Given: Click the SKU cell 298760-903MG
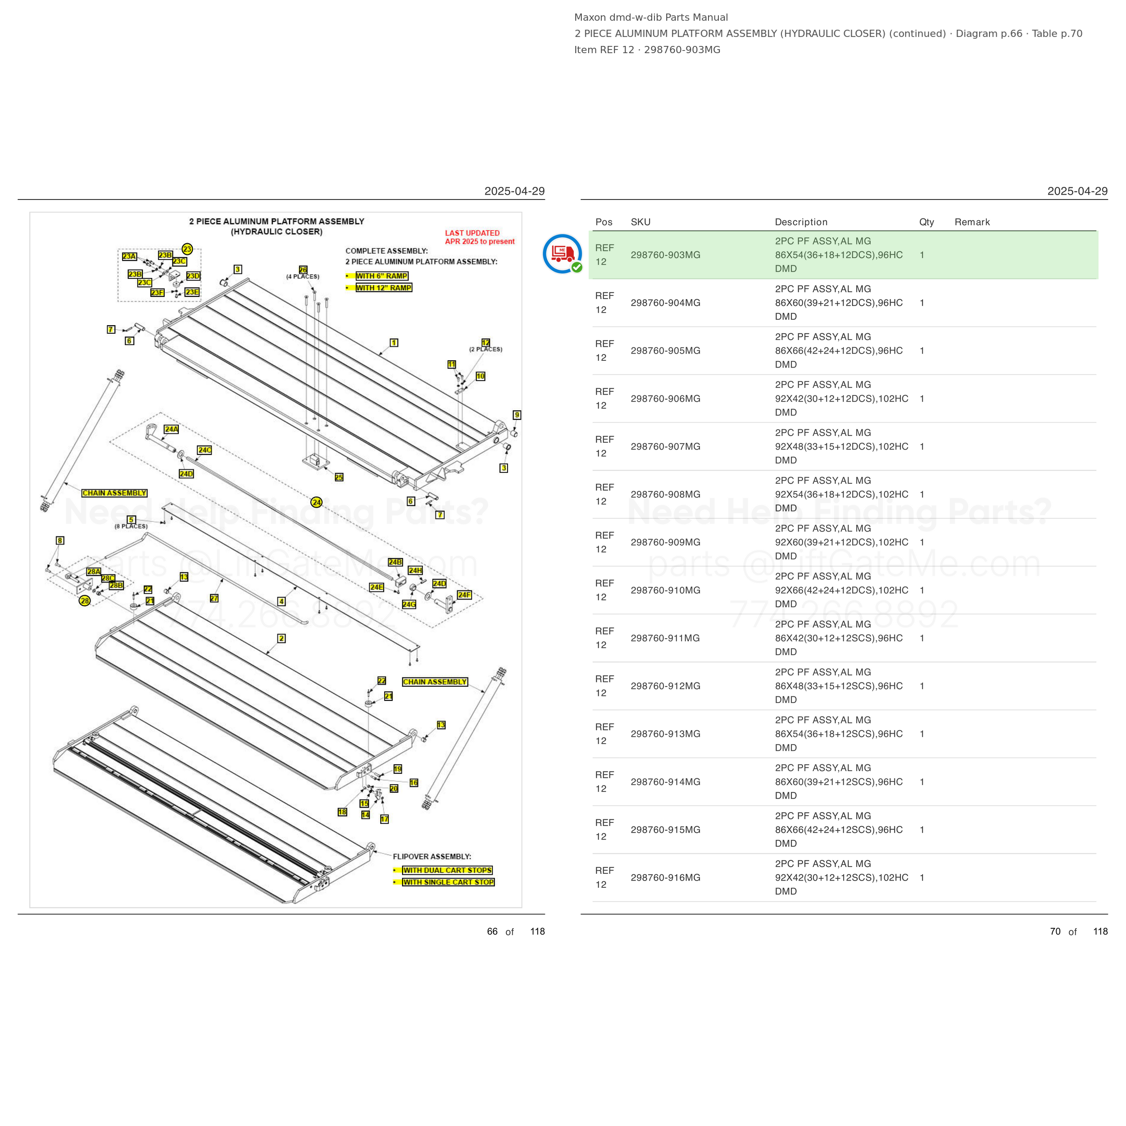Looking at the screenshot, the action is (x=665, y=254).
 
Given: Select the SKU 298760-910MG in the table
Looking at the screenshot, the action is (x=665, y=590).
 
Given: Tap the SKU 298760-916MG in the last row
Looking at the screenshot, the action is (x=665, y=877).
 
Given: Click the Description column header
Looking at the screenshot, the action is (x=801, y=222).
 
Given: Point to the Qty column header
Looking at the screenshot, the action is (x=926, y=222).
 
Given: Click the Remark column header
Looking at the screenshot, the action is (x=972, y=222).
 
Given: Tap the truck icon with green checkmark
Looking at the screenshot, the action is (x=563, y=254).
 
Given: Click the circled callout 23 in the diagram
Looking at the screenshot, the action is (x=187, y=249).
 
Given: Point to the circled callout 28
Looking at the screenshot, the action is (x=85, y=600).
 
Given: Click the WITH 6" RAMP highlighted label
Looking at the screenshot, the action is (x=382, y=276).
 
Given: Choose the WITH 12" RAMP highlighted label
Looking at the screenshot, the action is (x=383, y=287).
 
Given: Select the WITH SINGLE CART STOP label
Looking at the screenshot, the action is (x=448, y=882).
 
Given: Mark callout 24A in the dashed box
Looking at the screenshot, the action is (x=171, y=429).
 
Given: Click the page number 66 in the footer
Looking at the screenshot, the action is (x=492, y=931).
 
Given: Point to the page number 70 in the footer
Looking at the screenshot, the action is (x=1055, y=931).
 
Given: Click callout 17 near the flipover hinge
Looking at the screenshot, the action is (x=385, y=819).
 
